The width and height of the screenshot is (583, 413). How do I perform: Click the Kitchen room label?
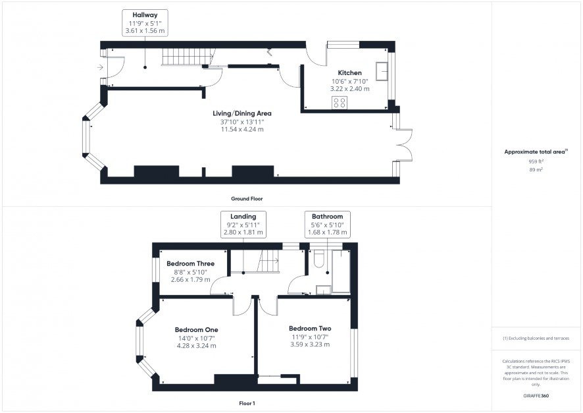click(349, 73)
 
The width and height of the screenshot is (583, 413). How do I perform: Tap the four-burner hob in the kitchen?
click(340, 103)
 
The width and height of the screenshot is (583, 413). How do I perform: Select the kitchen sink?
click(382, 71)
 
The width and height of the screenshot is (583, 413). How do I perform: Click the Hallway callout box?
click(145, 23)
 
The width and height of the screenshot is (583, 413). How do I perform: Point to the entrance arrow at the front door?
click(100, 67)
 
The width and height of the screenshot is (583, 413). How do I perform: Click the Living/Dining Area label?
click(242, 113)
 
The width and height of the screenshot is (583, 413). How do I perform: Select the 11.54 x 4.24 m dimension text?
click(242, 130)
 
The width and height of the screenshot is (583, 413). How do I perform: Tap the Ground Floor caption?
click(247, 199)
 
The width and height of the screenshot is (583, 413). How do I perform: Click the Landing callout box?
click(243, 225)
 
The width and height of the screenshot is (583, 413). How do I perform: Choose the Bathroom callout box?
click(327, 225)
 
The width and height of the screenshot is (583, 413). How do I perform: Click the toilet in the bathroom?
click(319, 259)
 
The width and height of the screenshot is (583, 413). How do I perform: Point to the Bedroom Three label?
click(190, 263)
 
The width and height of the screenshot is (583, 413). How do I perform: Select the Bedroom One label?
click(196, 330)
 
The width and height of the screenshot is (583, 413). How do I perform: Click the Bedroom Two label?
click(310, 329)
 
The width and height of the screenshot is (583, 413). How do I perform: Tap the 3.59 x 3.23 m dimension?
click(310, 344)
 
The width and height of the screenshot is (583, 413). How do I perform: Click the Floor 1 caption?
click(247, 403)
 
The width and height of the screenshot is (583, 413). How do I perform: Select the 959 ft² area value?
click(536, 161)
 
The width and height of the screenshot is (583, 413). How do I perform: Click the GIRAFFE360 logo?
click(536, 395)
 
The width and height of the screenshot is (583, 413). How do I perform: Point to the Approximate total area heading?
click(536, 151)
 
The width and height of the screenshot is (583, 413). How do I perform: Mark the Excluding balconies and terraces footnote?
click(536, 339)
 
